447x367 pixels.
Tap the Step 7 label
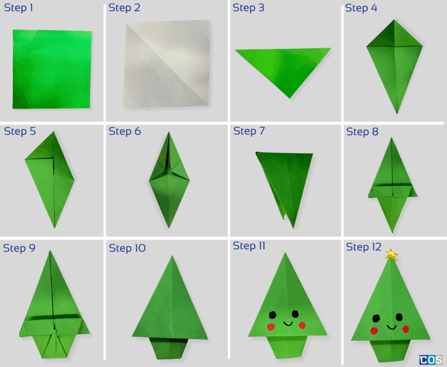click(x=249, y=131)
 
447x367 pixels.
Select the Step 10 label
click(x=127, y=248)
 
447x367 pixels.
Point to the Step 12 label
click(x=364, y=247)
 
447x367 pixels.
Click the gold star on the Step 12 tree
click(x=392, y=255)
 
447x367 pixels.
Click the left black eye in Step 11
click(x=273, y=314)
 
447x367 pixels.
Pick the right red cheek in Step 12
click(x=406, y=329)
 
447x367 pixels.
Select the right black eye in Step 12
click(x=399, y=317)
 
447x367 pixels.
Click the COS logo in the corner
click(x=430, y=360)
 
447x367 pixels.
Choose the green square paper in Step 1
click(x=52, y=69)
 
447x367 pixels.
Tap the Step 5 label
click(x=20, y=131)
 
